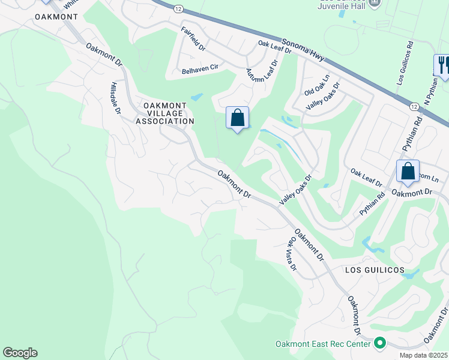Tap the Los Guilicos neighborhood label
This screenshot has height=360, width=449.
click(374, 270)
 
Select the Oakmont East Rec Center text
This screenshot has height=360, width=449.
click(322, 344)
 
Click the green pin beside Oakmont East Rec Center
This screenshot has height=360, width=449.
click(379, 344)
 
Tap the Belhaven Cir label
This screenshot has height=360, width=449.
click(200, 70)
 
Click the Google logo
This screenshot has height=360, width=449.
click(20, 353)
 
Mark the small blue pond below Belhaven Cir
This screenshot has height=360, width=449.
click(196, 97)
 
